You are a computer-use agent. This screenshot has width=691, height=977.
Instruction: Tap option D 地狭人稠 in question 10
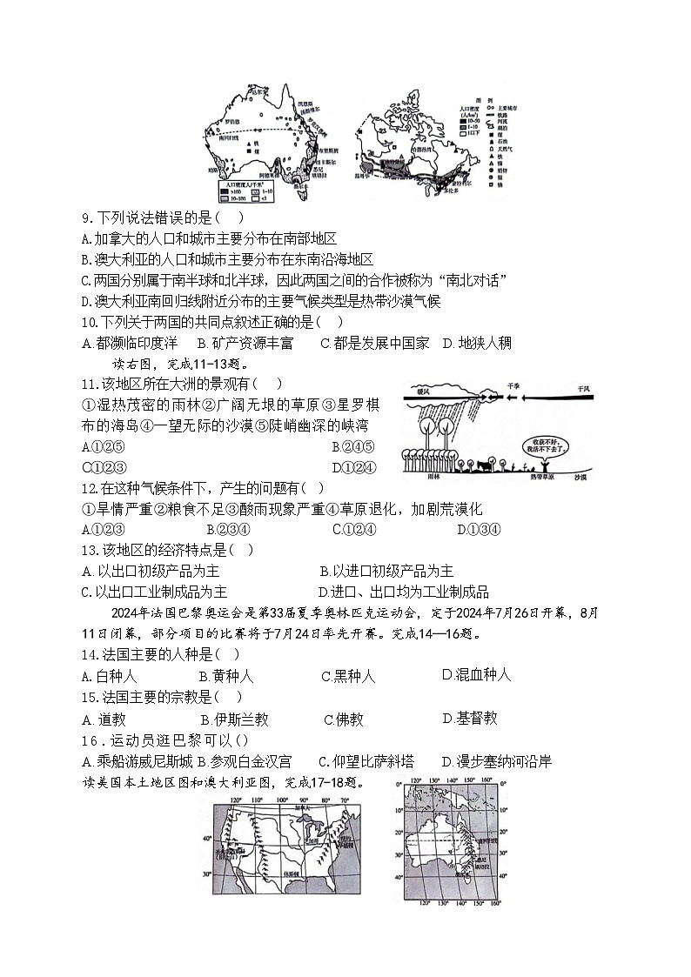tap(477, 343)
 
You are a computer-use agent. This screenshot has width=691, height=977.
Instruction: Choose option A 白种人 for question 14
tap(109, 676)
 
